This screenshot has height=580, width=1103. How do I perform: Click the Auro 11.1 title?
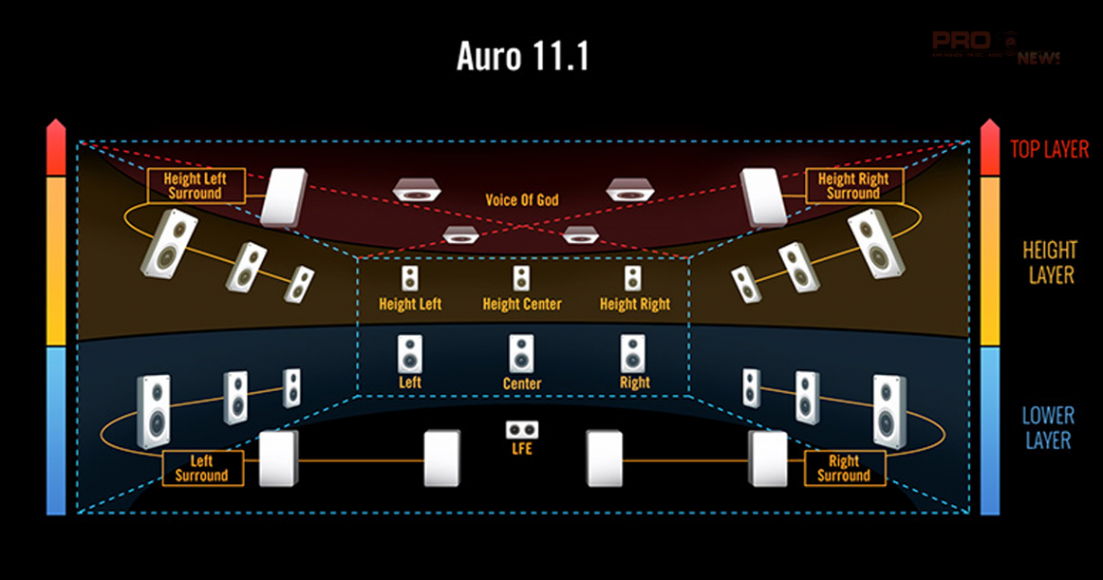pyautogui.click(x=522, y=57)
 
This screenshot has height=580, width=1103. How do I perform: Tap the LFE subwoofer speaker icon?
pyautogui.click(x=522, y=429)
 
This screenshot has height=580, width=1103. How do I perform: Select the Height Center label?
pyautogui.click(x=522, y=304)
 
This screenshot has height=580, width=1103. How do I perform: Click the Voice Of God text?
pyautogui.click(x=522, y=200)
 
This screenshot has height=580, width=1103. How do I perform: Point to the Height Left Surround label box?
pyautogui.click(x=195, y=186)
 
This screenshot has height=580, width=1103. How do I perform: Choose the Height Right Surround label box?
pyautogui.click(x=852, y=186)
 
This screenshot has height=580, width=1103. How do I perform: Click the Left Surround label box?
pyautogui.click(x=201, y=469)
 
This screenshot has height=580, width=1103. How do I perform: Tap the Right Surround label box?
pyautogui.click(x=844, y=469)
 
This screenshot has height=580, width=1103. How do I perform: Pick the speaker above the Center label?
pyautogui.click(x=522, y=354)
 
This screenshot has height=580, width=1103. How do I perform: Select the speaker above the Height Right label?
pyautogui.click(x=633, y=279)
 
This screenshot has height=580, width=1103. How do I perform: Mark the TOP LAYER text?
pyautogui.click(x=1049, y=149)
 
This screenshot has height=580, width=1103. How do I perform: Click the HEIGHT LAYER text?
pyautogui.click(x=1050, y=263)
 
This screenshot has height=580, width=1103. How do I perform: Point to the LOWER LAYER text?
pyautogui.click(x=1048, y=428)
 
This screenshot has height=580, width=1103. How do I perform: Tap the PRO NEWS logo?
pyautogui.click(x=996, y=46)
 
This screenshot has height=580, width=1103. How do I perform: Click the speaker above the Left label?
pyautogui.click(x=410, y=354)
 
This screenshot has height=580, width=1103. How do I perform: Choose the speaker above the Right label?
pyautogui.click(x=633, y=354)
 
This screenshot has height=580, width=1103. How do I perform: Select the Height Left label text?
pyautogui.click(x=410, y=304)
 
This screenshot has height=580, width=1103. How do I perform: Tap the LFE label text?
pyautogui.click(x=522, y=449)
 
